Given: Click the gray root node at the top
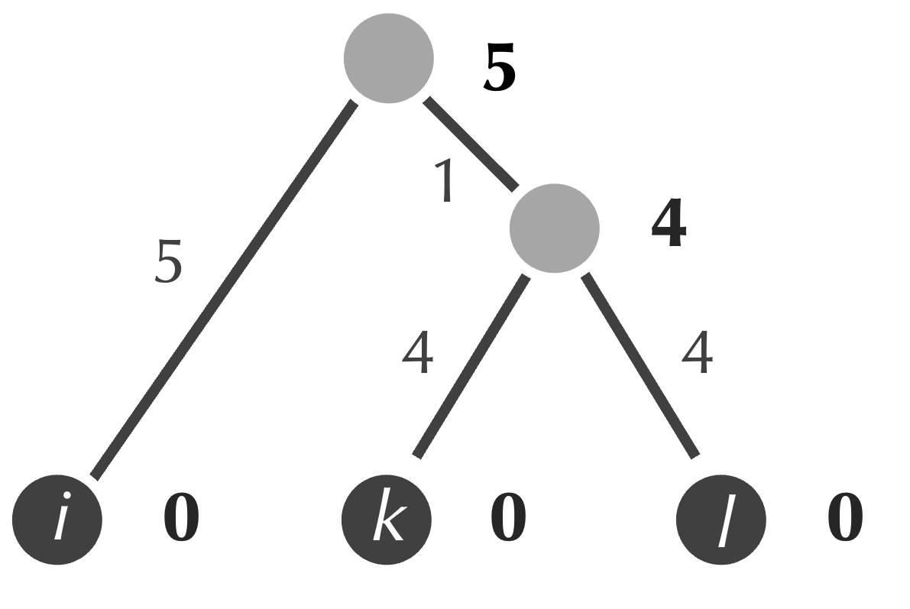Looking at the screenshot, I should [x=389, y=58].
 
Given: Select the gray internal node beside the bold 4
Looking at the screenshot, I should [x=554, y=225].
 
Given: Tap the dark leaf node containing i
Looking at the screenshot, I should [x=58, y=520].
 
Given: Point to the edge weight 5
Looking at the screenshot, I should [x=169, y=262].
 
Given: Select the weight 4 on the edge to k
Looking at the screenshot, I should [x=417, y=354].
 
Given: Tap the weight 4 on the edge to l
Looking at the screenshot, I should [x=696, y=354].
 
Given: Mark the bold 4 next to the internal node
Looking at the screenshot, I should [x=669, y=227].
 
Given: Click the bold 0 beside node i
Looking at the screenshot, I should [x=181, y=519].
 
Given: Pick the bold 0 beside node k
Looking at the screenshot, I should [x=508, y=519].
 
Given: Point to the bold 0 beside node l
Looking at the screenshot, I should [x=845, y=519].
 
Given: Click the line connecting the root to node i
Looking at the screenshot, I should [x=222, y=287].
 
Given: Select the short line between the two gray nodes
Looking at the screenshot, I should [x=468, y=141].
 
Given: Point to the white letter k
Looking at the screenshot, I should [x=388, y=520].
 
